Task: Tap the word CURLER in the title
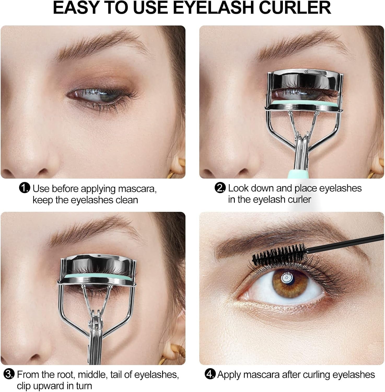tap(299, 8)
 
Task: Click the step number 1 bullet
tap(24, 188)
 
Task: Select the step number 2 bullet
tap(220, 188)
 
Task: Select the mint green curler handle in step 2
tap(298, 174)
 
